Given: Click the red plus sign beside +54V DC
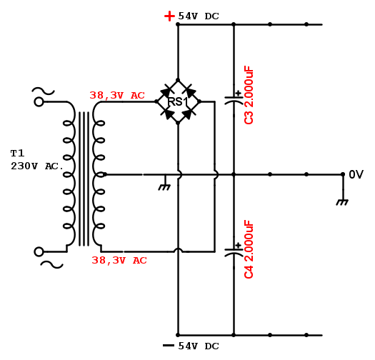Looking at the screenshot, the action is click(169, 16).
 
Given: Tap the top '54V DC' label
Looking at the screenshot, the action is click(199, 16).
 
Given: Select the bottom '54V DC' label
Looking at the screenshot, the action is click(199, 346).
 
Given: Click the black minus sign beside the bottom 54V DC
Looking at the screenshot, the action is click(169, 346).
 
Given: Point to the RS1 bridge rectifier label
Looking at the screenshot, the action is click(178, 102).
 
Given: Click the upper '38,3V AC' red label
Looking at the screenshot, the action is click(117, 96).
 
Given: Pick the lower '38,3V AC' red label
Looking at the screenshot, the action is click(119, 260).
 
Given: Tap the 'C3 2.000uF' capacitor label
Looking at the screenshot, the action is click(249, 95).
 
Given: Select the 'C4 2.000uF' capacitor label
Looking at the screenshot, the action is click(249, 249).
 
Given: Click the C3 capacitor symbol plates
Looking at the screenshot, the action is click(234, 100).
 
